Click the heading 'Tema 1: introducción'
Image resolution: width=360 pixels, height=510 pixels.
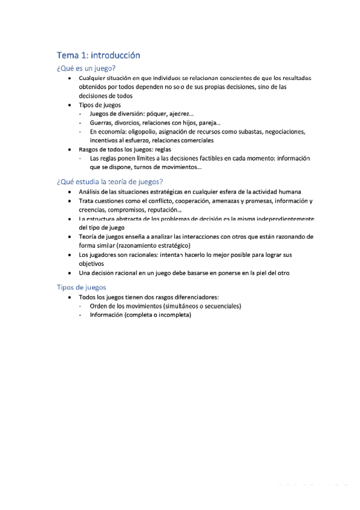98,55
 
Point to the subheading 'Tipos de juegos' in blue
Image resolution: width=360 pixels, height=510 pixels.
81,287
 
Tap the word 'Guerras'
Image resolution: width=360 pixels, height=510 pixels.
101,123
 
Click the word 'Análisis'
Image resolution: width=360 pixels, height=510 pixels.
91,192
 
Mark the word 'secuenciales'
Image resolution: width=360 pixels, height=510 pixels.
221,306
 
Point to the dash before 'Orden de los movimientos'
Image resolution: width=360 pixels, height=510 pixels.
81,306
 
